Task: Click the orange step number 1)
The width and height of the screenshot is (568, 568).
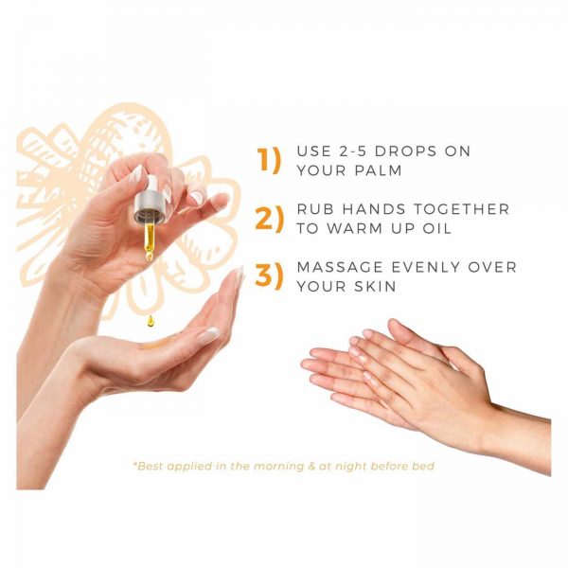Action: click(x=269, y=159)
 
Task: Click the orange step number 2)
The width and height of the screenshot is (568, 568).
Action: click(x=269, y=219)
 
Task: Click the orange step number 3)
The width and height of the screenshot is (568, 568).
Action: click(x=269, y=275)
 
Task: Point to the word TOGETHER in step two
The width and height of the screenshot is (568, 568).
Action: click(x=461, y=209)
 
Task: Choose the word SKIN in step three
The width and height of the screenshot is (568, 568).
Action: click(x=375, y=287)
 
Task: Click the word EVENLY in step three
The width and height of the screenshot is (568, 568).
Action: click(x=426, y=267)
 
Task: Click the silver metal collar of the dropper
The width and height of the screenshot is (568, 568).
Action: click(x=152, y=207)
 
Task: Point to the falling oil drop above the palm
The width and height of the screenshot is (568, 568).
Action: click(x=150, y=321)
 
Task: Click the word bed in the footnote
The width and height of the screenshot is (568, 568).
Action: click(x=423, y=466)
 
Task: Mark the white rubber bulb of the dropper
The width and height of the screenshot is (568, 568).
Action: click(x=156, y=184)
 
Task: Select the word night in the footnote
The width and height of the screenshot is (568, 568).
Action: click(x=350, y=466)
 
